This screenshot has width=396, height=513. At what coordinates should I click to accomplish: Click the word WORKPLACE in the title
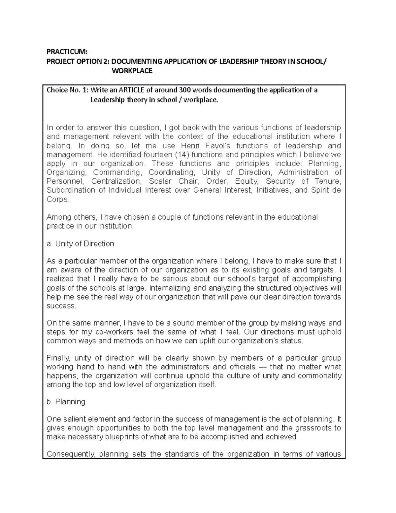pos(132,71)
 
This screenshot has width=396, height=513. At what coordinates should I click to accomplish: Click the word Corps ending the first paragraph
pos(57,200)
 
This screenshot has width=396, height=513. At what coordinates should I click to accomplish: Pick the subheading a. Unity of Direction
pos(80,244)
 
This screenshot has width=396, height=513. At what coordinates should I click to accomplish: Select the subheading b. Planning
pos(66,402)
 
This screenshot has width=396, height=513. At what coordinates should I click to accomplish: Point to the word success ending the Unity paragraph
pos(61,306)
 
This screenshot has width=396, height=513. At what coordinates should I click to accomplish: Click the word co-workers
pos(114,332)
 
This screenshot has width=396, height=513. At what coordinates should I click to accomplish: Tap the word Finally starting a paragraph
pos(58,358)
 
